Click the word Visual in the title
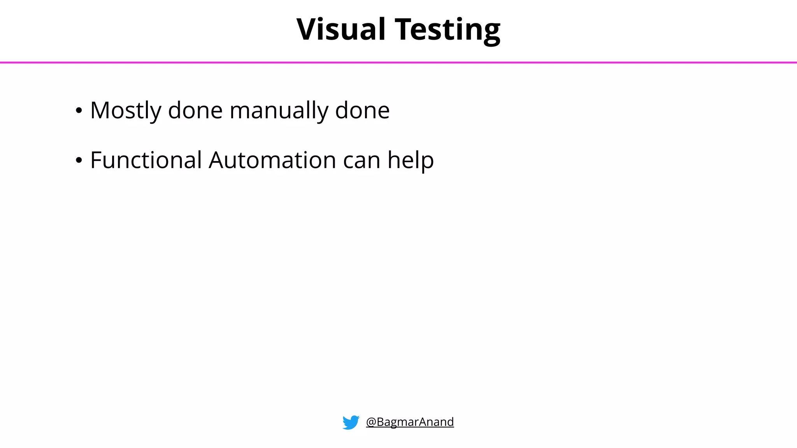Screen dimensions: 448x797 coord(341,29)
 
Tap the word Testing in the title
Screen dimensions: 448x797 coord(448,29)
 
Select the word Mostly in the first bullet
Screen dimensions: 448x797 coord(126,110)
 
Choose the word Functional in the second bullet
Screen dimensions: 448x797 coord(146,160)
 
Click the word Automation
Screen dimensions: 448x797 coord(272,160)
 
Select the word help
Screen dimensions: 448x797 coord(411,160)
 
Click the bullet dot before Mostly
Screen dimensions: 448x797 coord(79,111)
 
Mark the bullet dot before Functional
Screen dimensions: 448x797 coord(79,160)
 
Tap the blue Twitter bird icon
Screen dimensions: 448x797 coord(351,422)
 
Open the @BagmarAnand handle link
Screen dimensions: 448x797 coord(410,422)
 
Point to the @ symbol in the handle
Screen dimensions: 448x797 coord(371,422)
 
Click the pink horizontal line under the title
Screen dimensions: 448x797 coord(398,62)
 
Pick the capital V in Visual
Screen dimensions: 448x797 coord(307,29)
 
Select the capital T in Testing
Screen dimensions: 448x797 coord(405,29)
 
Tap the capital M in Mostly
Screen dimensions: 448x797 coord(100,110)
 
